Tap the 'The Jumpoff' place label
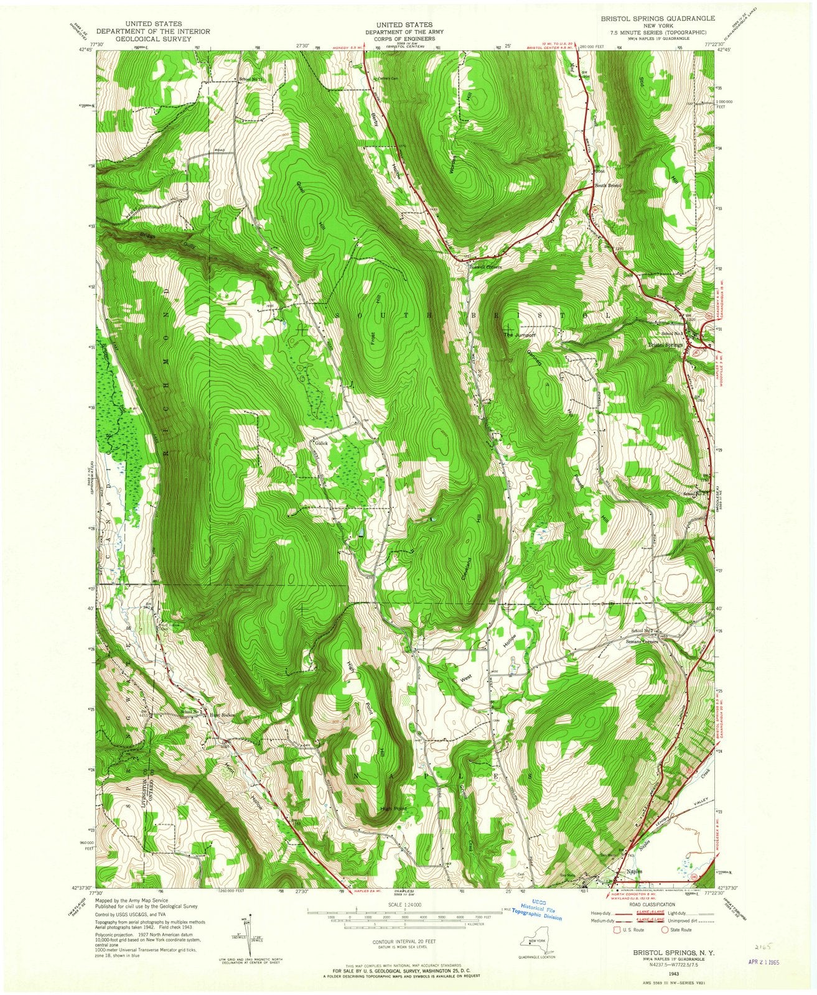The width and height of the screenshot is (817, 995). [x=519, y=335]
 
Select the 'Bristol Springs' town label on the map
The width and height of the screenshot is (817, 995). [x=665, y=344]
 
